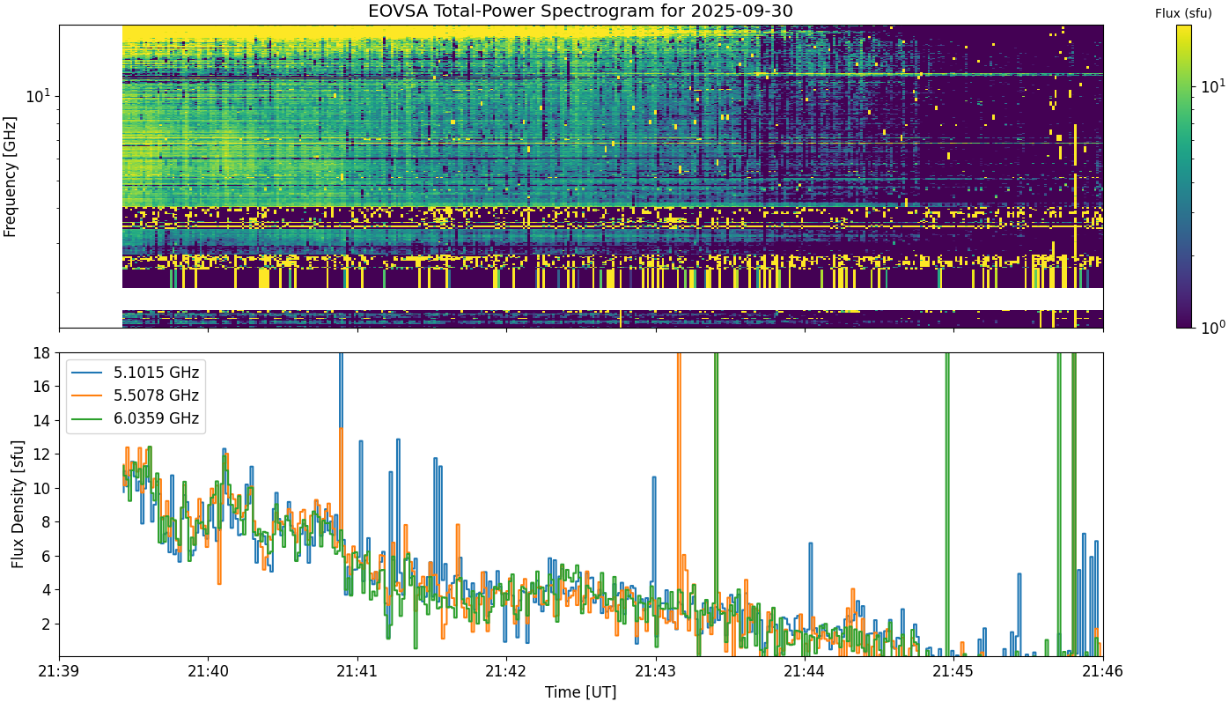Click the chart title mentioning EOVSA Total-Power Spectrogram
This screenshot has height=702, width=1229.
pos(580,11)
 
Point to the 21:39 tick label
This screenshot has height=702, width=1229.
pos(59,671)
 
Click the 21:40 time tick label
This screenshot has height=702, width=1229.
pos(209,671)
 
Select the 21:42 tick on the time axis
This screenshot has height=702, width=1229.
pos(506,671)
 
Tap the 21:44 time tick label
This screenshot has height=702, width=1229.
pos(805,671)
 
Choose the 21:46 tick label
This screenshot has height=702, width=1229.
pos(1103,671)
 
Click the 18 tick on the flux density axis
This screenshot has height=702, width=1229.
pos(41,353)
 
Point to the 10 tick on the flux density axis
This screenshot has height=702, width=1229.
pos(41,489)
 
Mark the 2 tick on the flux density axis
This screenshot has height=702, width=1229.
pos(46,624)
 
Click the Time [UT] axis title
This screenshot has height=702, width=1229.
pos(580,692)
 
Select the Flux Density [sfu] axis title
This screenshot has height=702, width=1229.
pos(18,504)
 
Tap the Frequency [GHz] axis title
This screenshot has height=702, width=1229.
pos(10,177)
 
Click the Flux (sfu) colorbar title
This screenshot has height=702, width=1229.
pos(1183,14)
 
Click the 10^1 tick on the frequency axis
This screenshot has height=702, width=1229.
pos(39,97)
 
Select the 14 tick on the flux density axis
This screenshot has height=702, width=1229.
pos(41,421)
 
